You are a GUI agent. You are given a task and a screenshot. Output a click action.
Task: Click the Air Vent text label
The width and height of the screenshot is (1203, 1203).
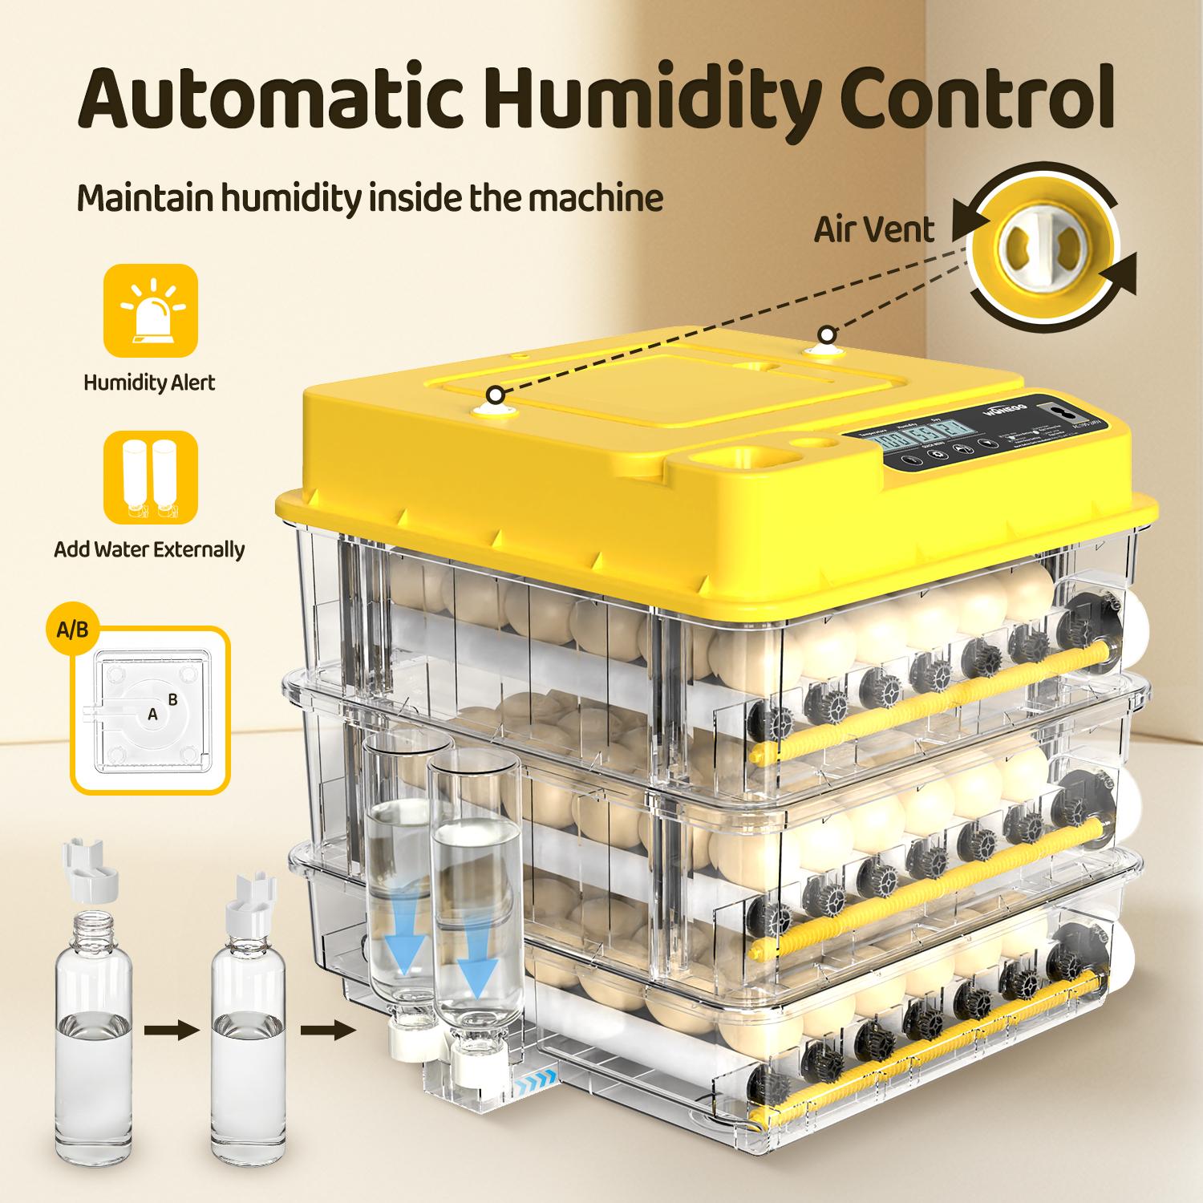pyautogui.click(x=874, y=229)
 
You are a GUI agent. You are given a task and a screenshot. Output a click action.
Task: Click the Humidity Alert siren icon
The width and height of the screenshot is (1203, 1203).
pyautogui.click(x=150, y=310)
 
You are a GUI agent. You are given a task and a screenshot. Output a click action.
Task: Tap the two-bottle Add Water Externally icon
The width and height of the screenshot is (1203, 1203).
pyautogui.click(x=150, y=477)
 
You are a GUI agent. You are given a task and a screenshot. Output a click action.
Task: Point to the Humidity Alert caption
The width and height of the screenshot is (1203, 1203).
pyautogui.click(x=150, y=383)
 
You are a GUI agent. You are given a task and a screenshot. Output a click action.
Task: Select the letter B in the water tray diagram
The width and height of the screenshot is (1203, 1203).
pyautogui.click(x=172, y=699)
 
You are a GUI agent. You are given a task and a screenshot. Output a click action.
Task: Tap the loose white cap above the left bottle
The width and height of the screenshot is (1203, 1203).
pyautogui.click(x=90, y=882)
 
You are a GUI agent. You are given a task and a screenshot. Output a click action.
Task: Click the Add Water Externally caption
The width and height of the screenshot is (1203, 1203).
pyautogui.click(x=150, y=550)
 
